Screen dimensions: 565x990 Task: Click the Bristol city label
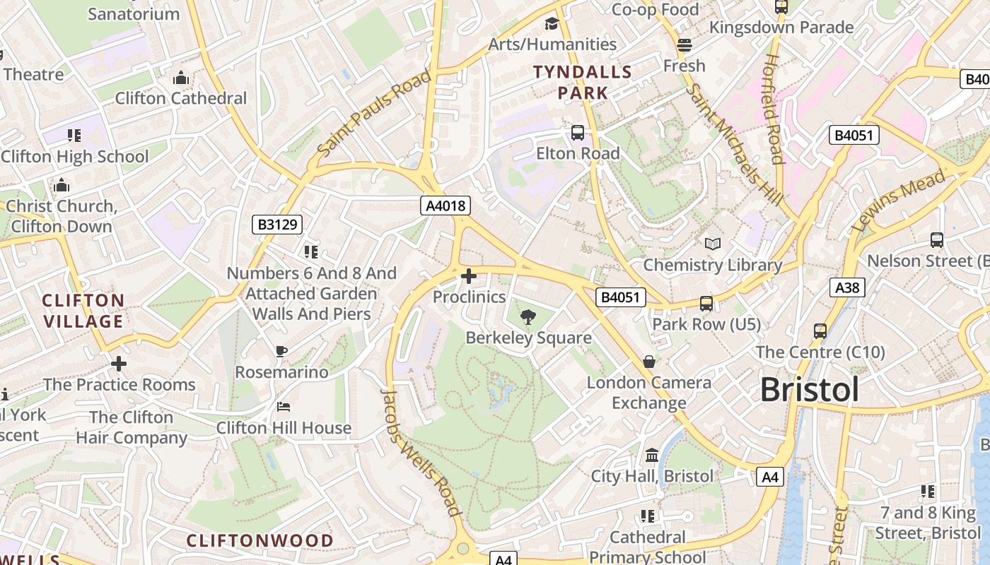point(810,390)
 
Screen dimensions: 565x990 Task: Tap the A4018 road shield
point(445,206)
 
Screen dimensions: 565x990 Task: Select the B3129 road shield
point(278,225)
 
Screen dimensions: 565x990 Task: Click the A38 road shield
point(847,287)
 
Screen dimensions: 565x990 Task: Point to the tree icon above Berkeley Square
point(528,317)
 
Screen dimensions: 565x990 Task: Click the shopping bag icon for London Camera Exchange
point(648,362)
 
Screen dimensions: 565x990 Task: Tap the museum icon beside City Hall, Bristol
point(652,455)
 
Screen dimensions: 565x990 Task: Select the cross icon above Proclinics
point(468,276)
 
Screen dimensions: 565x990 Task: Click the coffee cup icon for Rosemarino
point(281,351)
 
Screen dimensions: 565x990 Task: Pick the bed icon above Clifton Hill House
point(283,407)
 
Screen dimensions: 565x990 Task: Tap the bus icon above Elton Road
point(578,132)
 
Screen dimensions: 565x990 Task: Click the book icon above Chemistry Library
point(712,244)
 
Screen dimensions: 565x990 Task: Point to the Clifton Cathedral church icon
point(181,77)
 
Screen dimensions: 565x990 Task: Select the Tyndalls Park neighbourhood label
point(583,82)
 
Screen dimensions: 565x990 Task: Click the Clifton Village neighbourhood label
point(83,311)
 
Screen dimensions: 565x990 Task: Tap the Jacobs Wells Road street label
point(421,451)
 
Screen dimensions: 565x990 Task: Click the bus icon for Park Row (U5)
point(706,303)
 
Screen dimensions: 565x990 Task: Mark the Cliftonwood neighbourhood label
point(260,541)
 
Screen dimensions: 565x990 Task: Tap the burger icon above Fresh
point(684,45)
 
